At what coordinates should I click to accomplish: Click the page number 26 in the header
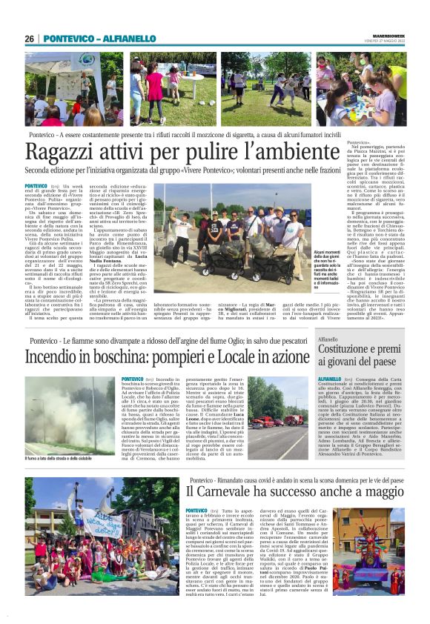pyautogui.click(x=29, y=39)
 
